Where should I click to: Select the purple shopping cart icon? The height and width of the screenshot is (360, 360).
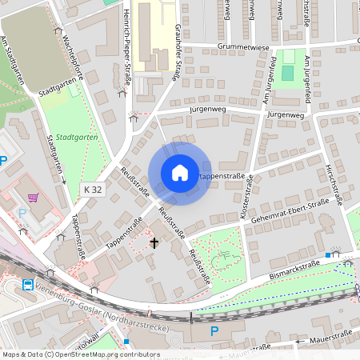(x=33, y=198)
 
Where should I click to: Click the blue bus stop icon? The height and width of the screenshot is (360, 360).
(x=28, y=285)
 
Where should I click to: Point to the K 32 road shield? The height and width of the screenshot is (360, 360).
(x=93, y=190)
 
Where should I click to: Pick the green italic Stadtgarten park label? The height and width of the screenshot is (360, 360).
(x=73, y=137)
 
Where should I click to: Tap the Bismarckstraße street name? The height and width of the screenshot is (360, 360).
(x=300, y=268)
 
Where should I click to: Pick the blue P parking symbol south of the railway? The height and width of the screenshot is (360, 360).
(x=214, y=330)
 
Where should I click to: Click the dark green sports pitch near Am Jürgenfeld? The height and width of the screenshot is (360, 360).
(x=287, y=72)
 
